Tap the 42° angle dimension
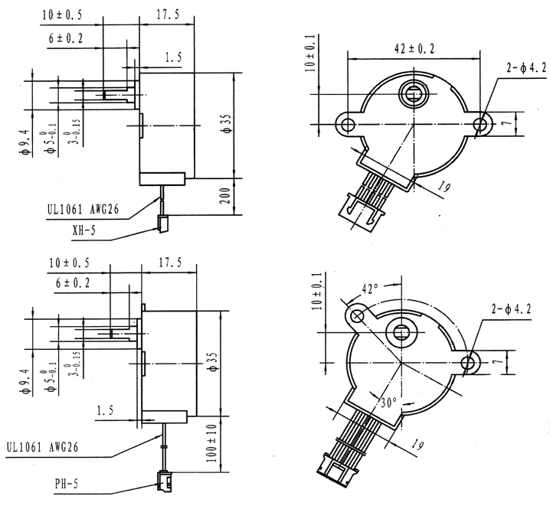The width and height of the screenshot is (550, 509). pyautogui.click(x=371, y=289)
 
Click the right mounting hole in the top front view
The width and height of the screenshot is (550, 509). pyautogui.click(x=481, y=123)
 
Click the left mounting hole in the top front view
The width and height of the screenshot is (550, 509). pyautogui.click(x=347, y=123)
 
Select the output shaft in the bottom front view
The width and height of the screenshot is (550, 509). pyautogui.click(x=401, y=332)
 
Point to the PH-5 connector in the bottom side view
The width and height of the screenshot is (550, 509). pyautogui.click(x=163, y=480)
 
